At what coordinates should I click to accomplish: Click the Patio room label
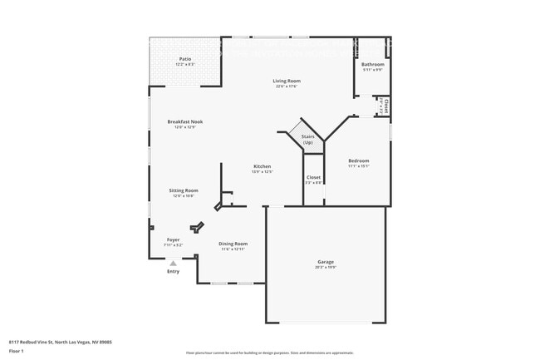(185, 59)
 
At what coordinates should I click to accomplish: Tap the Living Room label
(287, 81)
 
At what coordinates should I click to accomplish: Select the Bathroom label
(372, 64)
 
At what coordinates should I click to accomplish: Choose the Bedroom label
(358, 160)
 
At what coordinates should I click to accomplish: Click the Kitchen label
(263, 166)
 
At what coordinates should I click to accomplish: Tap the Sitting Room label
(184, 190)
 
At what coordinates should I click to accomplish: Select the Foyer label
(173, 239)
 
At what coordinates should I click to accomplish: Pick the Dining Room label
(233, 244)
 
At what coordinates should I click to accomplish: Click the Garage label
(325, 262)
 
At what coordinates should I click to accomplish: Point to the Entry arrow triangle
(173, 264)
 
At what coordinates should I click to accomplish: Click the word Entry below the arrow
(173, 272)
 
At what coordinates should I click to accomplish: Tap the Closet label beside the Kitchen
(313, 177)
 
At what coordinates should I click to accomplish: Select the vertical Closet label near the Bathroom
(386, 107)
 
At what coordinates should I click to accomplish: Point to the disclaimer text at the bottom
(269, 353)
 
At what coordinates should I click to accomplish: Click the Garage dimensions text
(325, 268)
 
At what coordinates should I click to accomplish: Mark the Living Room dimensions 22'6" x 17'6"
(287, 86)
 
